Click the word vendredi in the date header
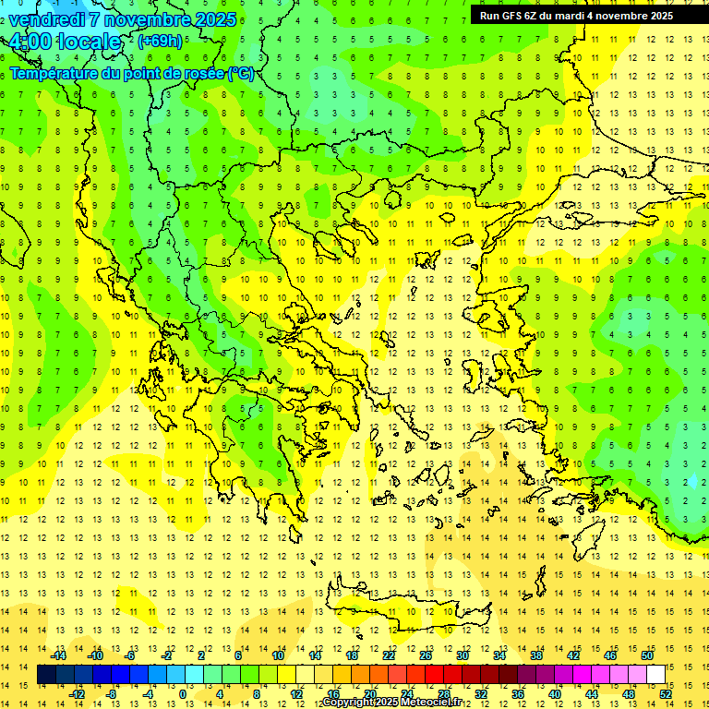tap(49, 19)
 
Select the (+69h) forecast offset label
tap(160, 41)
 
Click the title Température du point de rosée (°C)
tap(132, 73)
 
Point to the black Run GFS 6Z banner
tap(576, 15)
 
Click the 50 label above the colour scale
tap(646, 655)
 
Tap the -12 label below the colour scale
tap(77, 694)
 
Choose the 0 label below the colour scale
tap(183, 694)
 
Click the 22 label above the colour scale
tap(389, 655)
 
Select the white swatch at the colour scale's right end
tap(655, 675)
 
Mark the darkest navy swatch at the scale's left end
tap(46, 675)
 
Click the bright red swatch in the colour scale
tap(434, 675)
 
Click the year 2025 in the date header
tap(215, 19)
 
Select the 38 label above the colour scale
tap(536, 655)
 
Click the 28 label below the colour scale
tap(443, 694)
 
